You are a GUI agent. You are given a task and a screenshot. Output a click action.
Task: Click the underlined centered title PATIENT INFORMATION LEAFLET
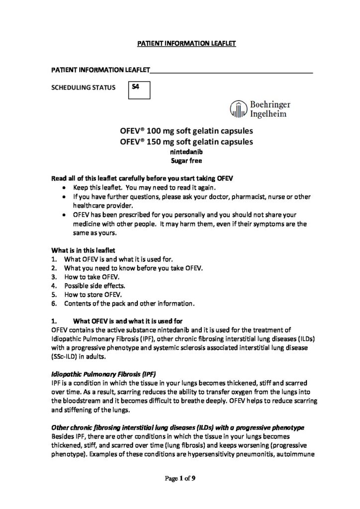coord(185,44)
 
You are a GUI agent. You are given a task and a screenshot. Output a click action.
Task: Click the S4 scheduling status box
coord(139,90)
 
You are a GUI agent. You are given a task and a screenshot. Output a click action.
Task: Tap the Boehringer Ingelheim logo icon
coord(239,109)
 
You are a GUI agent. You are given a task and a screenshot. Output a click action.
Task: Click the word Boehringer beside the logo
coord(270,105)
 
